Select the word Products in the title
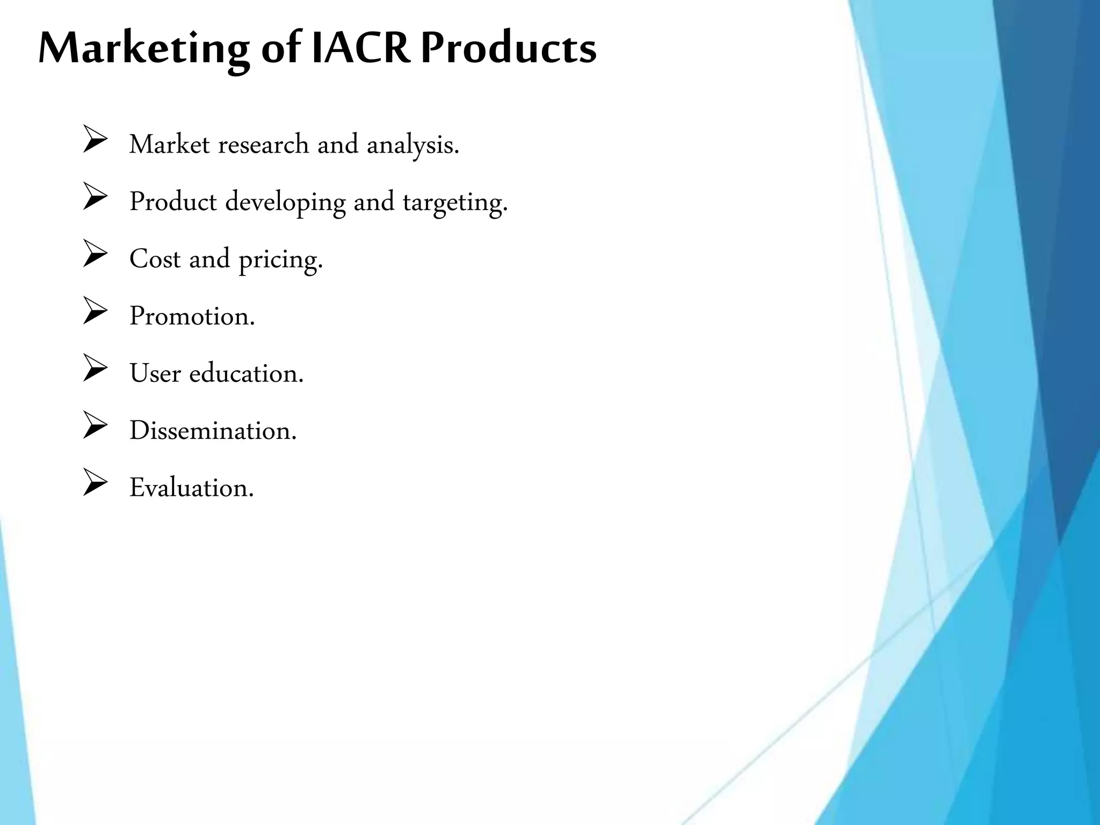point(508,48)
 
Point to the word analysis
point(412,146)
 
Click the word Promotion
point(192,316)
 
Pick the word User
point(155,373)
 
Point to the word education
point(246,373)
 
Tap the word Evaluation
point(191,488)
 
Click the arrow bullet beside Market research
point(95,140)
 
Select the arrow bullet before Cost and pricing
point(95,255)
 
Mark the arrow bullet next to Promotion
point(95,312)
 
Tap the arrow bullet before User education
point(95,369)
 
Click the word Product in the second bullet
point(173,202)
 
